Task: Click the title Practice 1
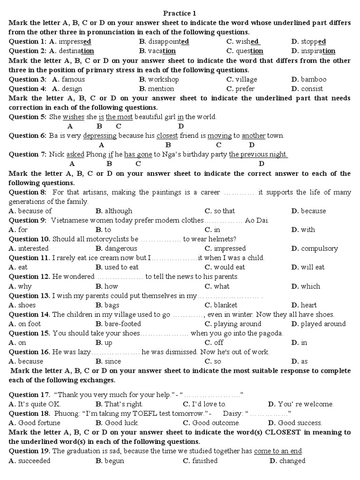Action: pyautogui.click(x=180, y=13)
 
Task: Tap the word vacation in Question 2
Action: pyautogui.click(x=162, y=51)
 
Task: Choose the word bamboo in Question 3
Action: pyautogui.click(x=313, y=79)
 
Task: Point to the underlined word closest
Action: pyautogui.click(x=167, y=135)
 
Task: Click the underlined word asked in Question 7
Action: pyautogui.click(x=75, y=154)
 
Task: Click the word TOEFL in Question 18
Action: pyautogui.click(x=126, y=413)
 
